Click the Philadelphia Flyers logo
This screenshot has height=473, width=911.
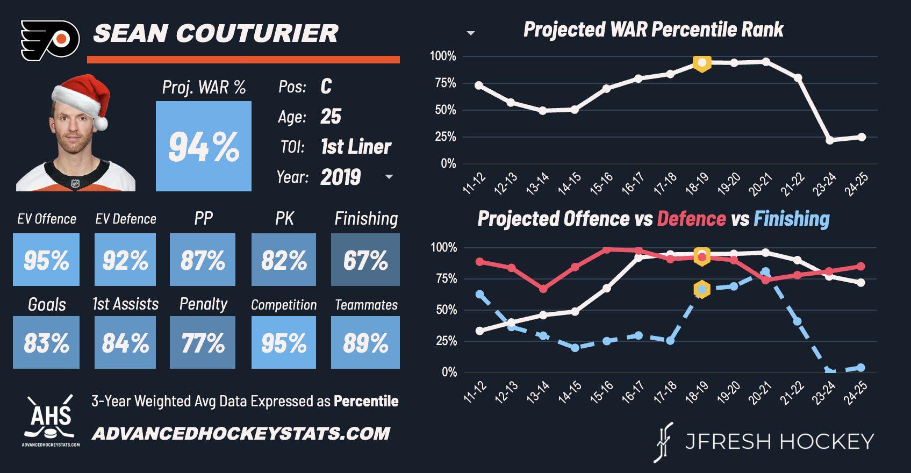(x=50, y=40)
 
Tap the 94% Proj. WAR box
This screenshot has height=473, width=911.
(x=204, y=146)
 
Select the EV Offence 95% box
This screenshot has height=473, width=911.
(x=46, y=260)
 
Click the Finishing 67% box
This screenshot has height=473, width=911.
(x=365, y=260)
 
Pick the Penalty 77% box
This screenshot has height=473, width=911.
(x=203, y=342)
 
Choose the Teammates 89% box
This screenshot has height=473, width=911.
(x=365, y=342)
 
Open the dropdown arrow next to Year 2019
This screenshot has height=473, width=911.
(x=389, y=177)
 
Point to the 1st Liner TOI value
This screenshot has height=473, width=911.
(x=356, y=147)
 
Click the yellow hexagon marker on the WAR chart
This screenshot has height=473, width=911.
(x=701, y=63)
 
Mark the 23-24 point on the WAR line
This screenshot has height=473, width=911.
(x=830, y=140)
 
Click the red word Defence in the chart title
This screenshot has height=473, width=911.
(x=691, y=219)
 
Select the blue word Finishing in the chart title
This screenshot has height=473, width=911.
(x=791, y=219)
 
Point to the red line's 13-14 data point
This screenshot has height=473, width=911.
(x=543, y=289)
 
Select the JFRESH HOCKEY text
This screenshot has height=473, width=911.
(x=779, y=442)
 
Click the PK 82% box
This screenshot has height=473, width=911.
(x=284, y=260)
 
